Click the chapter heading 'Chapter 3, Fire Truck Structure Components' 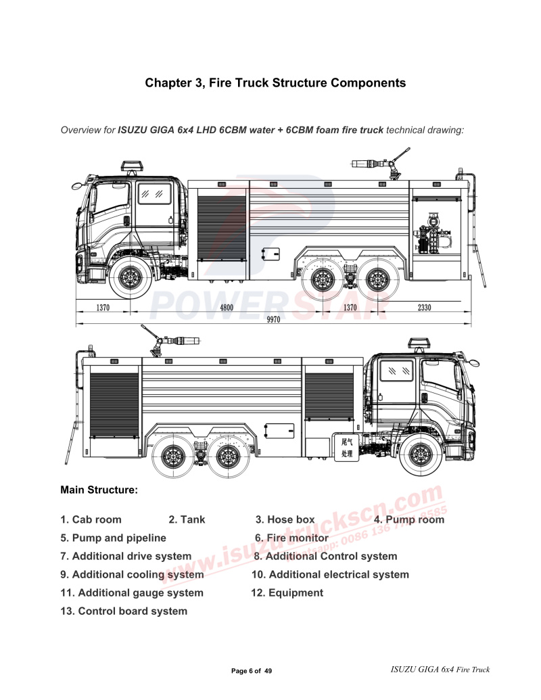[x=275, y=83]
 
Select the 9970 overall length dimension [x=273, y=321]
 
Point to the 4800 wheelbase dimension [x=227, y=307]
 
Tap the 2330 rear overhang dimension [x=424, y=307]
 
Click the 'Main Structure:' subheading [x=99, y=489]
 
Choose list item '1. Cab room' [x=91, y=519]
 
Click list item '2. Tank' [x=187, y=519]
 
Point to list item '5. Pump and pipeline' [x=113, y=538]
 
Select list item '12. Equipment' [x=287, y=592]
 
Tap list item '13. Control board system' [x=124, y=611]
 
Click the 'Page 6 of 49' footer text [x=252, y=671]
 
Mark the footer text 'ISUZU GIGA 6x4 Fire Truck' [x=440, y=670]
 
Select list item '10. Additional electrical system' [x=330, y=574]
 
